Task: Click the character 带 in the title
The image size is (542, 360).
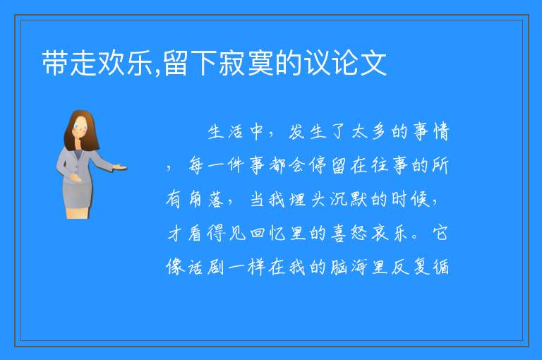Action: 55,63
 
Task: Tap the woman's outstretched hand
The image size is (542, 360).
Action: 119,168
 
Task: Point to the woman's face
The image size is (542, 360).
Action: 80,127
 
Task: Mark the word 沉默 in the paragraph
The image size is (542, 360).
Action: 349,200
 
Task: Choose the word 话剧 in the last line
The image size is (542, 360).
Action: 205,268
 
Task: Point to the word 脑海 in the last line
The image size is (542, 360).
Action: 349,268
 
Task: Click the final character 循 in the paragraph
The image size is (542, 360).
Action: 441,268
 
